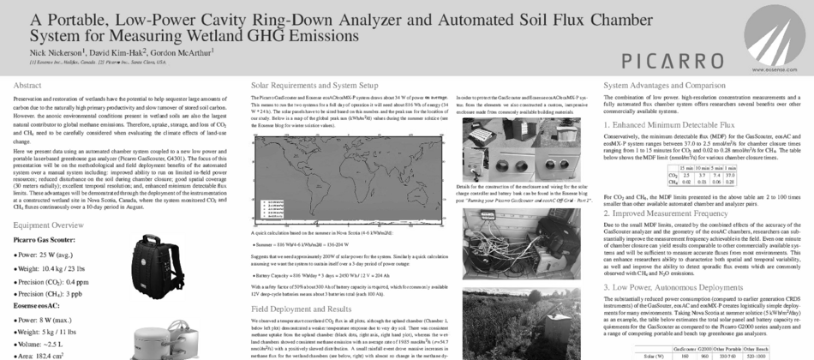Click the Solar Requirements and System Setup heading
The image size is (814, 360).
click(x=314, y=86)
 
